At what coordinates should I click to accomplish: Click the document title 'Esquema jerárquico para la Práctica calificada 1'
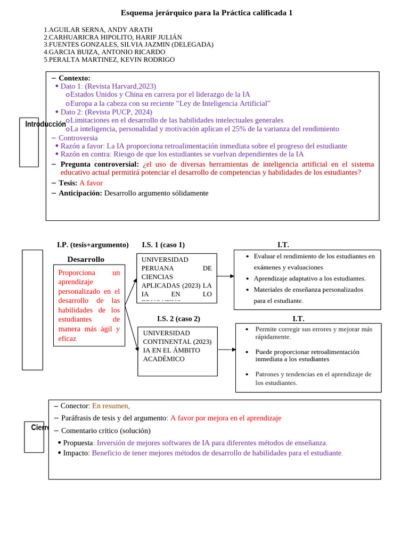pos(207,13)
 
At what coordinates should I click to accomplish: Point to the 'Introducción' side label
pos(45,124)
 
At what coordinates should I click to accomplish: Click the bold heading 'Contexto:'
pos(75,78)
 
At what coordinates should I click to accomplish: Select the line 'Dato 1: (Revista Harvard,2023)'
pos(108,86)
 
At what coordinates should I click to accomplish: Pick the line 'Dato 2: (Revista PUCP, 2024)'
pos(106,112)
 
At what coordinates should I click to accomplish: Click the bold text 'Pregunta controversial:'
pos(100,164)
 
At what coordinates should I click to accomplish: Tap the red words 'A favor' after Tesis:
pos(91,183)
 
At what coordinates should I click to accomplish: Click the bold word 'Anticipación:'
pos(80,193)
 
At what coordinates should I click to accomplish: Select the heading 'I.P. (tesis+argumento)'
pos(93,245)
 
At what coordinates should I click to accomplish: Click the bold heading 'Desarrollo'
pos(86,259)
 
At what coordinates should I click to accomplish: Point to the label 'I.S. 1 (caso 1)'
pos(163,245)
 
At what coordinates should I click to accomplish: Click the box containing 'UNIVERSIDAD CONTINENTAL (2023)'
pos(177,351)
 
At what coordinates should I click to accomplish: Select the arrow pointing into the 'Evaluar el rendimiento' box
pos(225,276)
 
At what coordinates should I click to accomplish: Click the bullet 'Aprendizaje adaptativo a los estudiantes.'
pos(309,278)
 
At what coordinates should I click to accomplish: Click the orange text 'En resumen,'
pos(111,406)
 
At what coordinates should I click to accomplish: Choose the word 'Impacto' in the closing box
pos(75,453)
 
